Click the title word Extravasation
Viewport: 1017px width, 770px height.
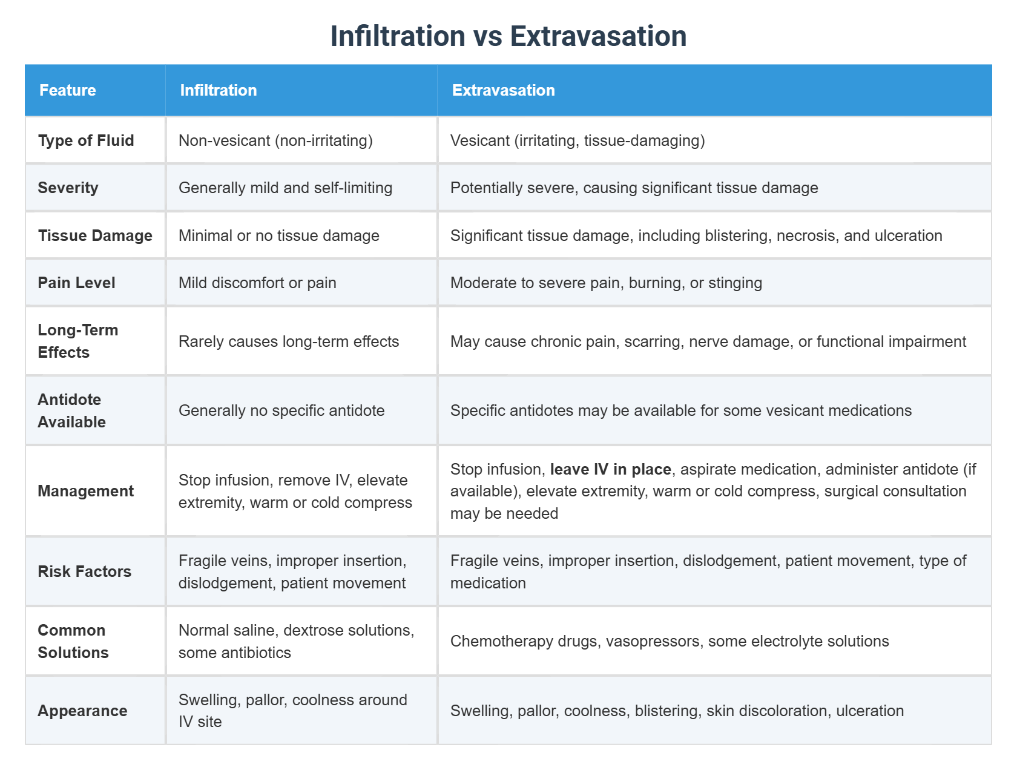click(x=598, y=36)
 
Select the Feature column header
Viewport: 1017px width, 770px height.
click(x=68, y=90)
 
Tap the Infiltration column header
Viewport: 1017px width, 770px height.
click(x=219, y=90)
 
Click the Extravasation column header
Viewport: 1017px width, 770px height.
click(x=503, y=90)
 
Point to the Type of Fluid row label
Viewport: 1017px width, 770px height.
click(x=86, y=140)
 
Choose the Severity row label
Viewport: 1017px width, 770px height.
click(x=68, y=188)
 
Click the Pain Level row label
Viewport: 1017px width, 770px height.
click(x=76, y=283)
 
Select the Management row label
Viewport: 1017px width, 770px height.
click(x=85, y=491)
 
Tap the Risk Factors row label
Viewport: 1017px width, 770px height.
click(x=84, y=571)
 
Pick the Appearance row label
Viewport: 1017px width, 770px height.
click(x=82, y=711)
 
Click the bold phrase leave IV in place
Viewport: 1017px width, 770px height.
click(x=610, y=469)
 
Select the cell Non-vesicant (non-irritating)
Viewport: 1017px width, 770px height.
click(x=275, y=140)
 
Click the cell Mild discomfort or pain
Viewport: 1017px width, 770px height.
click(x=257, y=283)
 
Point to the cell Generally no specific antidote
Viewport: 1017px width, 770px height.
click(x=281, y=410)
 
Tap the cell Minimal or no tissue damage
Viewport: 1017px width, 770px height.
click(x=279, y=235)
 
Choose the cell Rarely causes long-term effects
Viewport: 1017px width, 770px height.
click(x=289, y=341)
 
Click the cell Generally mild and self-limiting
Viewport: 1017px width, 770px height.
click(x=285, y=188)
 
